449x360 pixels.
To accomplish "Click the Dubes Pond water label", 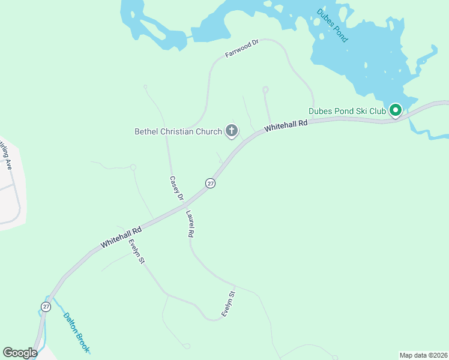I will [333, 26].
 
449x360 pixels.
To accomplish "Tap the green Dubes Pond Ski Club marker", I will [395, 110].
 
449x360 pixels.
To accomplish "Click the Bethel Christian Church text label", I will [178, 131].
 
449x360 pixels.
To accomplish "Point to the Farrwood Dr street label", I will [241, 49].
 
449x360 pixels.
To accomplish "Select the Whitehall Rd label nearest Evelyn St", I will [121, 237].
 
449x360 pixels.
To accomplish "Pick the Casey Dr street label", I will [175, 187].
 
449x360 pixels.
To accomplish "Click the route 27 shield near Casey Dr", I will [210, 183].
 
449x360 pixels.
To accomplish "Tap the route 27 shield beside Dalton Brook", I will [46, 307].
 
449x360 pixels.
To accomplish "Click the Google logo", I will [20, 353].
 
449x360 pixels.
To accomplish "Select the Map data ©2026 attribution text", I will [423, 355].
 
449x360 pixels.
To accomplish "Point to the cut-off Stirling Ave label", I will [7, 154].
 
